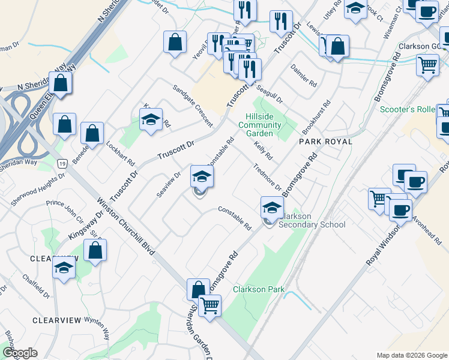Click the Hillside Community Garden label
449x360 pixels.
point(259,125)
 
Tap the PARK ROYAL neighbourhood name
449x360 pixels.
point(325,141)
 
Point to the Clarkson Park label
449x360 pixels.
point(259,289)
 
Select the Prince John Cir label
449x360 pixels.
point(64,209)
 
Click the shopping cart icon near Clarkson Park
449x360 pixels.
point(210,305)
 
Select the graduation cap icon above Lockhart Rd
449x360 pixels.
point(151,119)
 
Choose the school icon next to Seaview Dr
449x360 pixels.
point(202,176)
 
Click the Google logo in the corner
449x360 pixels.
point(20,353)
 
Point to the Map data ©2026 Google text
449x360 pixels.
point(411,355)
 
